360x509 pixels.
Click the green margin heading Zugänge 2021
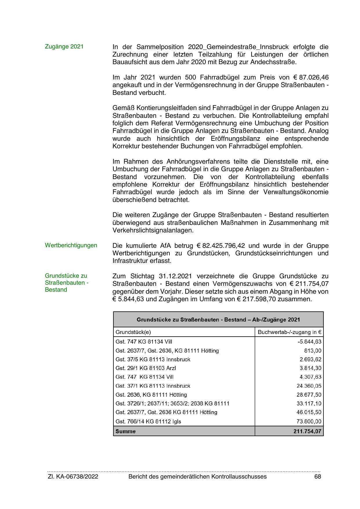[x=64, y=46]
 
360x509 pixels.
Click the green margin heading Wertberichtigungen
[x=71, y=245]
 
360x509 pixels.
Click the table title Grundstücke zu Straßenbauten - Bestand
[x=218, y=320]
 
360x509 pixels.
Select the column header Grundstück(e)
[x=133, y=332]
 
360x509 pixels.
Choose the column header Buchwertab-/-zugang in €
[x=289, y=332]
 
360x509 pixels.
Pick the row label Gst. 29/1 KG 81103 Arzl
[x=146, y=368]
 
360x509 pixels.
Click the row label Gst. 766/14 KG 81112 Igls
[x=148, y=421]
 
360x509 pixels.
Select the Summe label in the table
[x=126, y=431]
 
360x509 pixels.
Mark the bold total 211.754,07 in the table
[x=307, y=431]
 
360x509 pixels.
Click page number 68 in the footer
[x=318, y=476]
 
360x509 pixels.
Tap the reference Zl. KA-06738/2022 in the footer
[x=73, y=476]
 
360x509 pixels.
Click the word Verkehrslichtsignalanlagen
[x=153, y=230]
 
